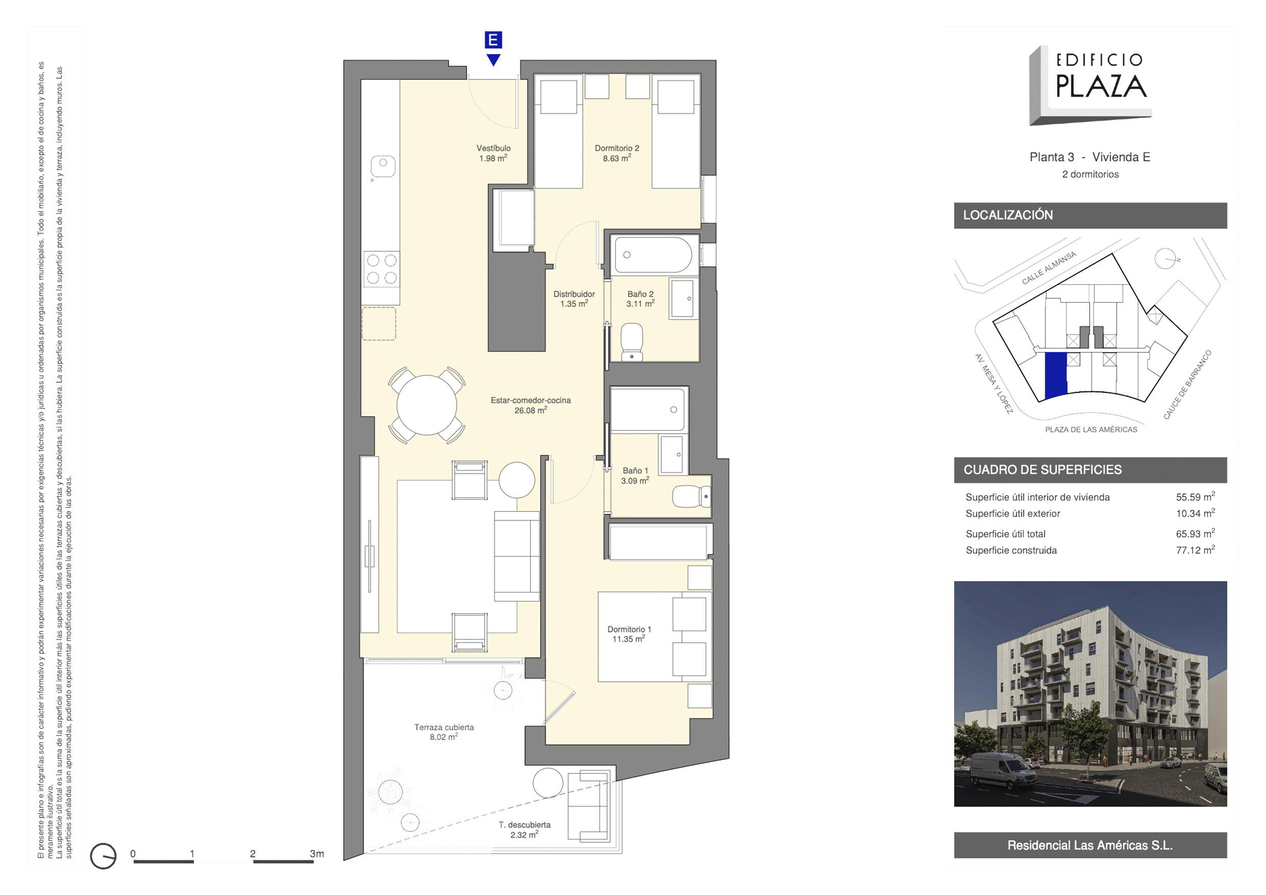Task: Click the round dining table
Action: [x=427, y=405]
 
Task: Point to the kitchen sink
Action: [x=382, y=166]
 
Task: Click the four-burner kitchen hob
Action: [x=382, y=269]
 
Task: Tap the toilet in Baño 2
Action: [x=632, y=342]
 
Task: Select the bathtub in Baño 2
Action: [x=653, y=255]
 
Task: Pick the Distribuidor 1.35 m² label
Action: [x=574, y=299]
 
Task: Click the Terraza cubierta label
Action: [x=444, y=727]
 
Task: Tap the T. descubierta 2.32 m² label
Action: [x=524, y=830]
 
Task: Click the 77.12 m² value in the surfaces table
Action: [x=1195, y=550]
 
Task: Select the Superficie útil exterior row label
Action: [x=1013, y=514]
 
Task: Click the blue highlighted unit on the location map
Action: [x=1056, y=375]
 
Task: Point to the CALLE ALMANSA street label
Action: [x=1048, y=268]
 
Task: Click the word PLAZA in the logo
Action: [x=1101, y=86]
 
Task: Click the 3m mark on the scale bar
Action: [x=316, y=853]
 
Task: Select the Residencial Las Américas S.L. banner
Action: [x=1090, y=845]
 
